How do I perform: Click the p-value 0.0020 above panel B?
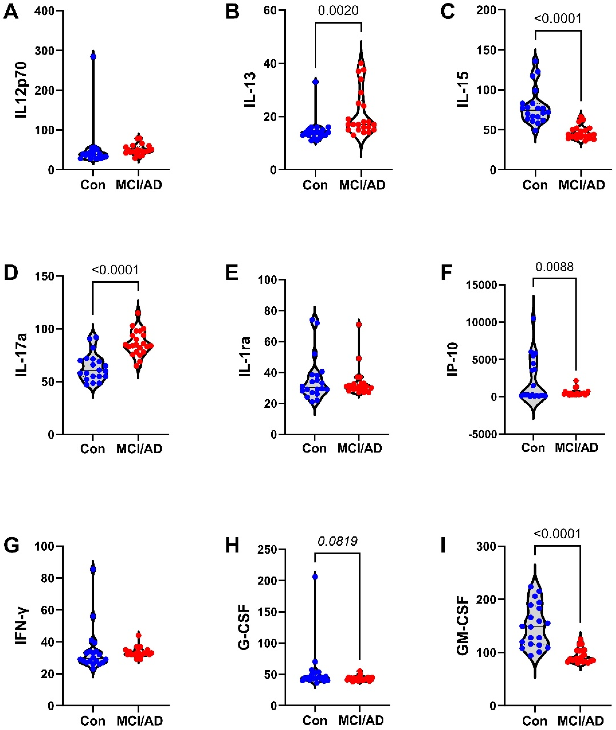338,11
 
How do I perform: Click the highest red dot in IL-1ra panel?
359,324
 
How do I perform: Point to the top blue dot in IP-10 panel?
533,318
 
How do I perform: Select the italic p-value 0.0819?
337,541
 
